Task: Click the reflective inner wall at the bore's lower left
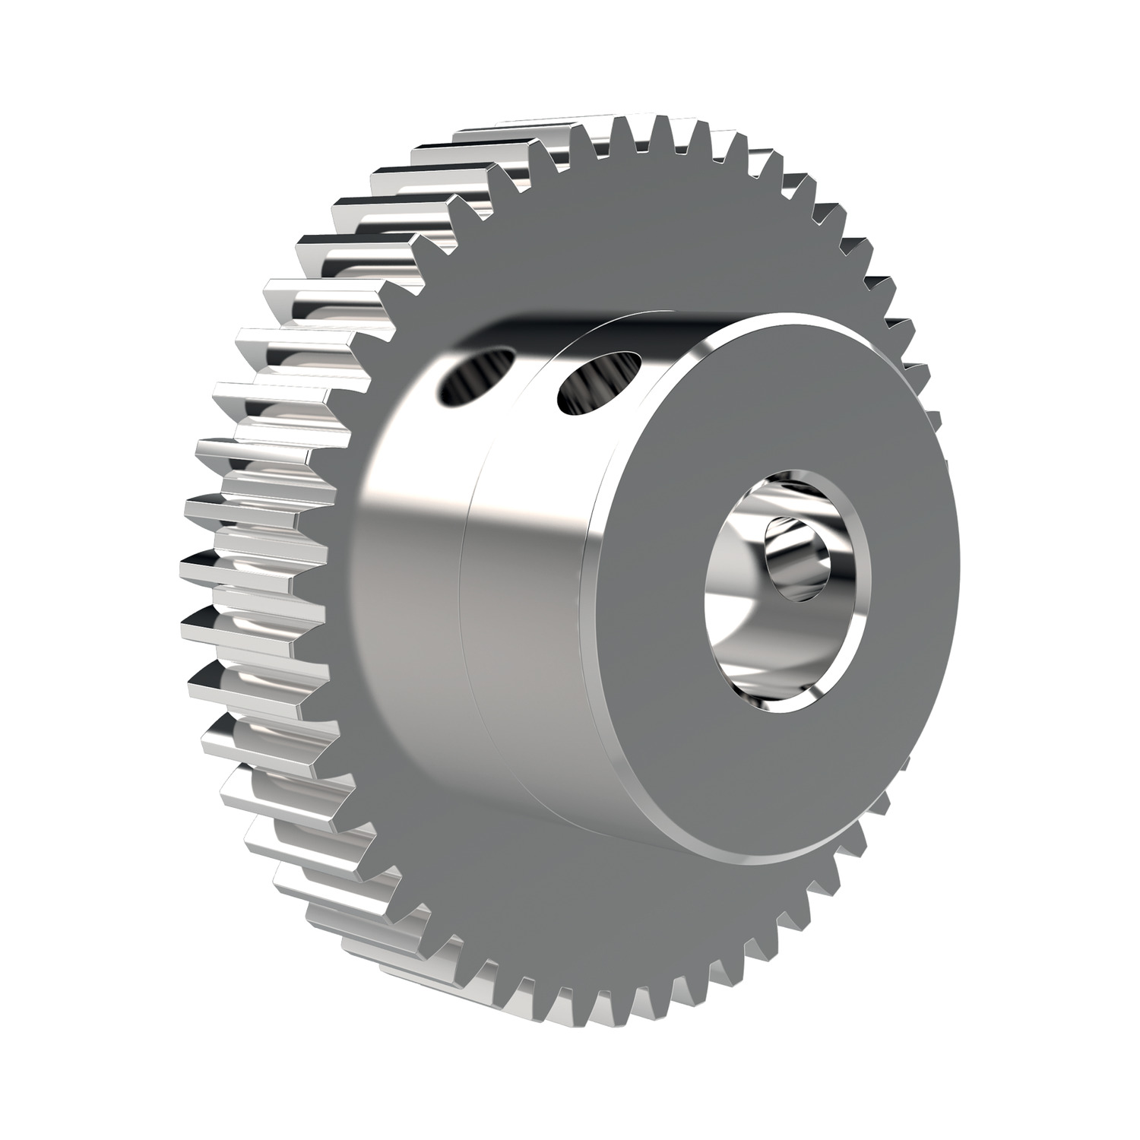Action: (741, 646)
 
